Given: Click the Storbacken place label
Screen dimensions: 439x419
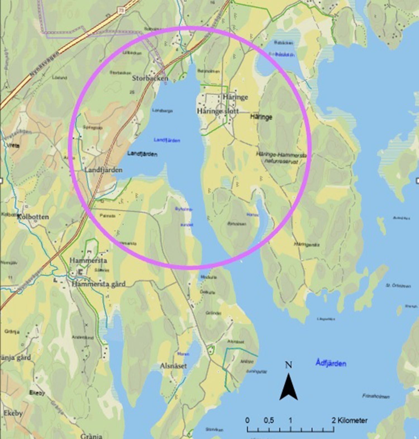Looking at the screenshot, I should tap(150, 78).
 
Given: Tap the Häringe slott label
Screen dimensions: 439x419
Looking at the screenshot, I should tap(218, 111).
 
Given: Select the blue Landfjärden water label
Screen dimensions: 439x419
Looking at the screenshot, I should tap(167, 140).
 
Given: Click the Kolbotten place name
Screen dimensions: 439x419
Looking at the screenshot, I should tap(33, 217).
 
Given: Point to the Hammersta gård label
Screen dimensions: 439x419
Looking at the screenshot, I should tap(98, 284).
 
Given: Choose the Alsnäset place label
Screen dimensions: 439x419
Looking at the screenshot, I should tap(173, 366).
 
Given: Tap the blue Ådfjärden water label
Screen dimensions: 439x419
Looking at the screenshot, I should tap(331, 363).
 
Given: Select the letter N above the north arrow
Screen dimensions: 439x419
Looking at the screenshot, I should tap(289, 365).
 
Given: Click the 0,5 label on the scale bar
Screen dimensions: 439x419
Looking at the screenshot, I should tap(268, 420).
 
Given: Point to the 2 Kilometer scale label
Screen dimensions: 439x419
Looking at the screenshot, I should tap(349, 420).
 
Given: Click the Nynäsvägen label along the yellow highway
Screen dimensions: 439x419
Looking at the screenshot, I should tap(45, 64).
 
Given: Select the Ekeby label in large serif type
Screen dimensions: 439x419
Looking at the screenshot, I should tap(13, 413).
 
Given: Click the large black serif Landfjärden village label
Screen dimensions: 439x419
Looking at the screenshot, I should tap(103, 170).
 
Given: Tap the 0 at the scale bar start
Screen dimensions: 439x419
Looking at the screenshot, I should tap(247, 420).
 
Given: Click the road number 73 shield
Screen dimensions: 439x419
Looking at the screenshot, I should tap(121, 10).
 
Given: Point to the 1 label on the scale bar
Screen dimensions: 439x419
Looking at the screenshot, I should tap(290, 420).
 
